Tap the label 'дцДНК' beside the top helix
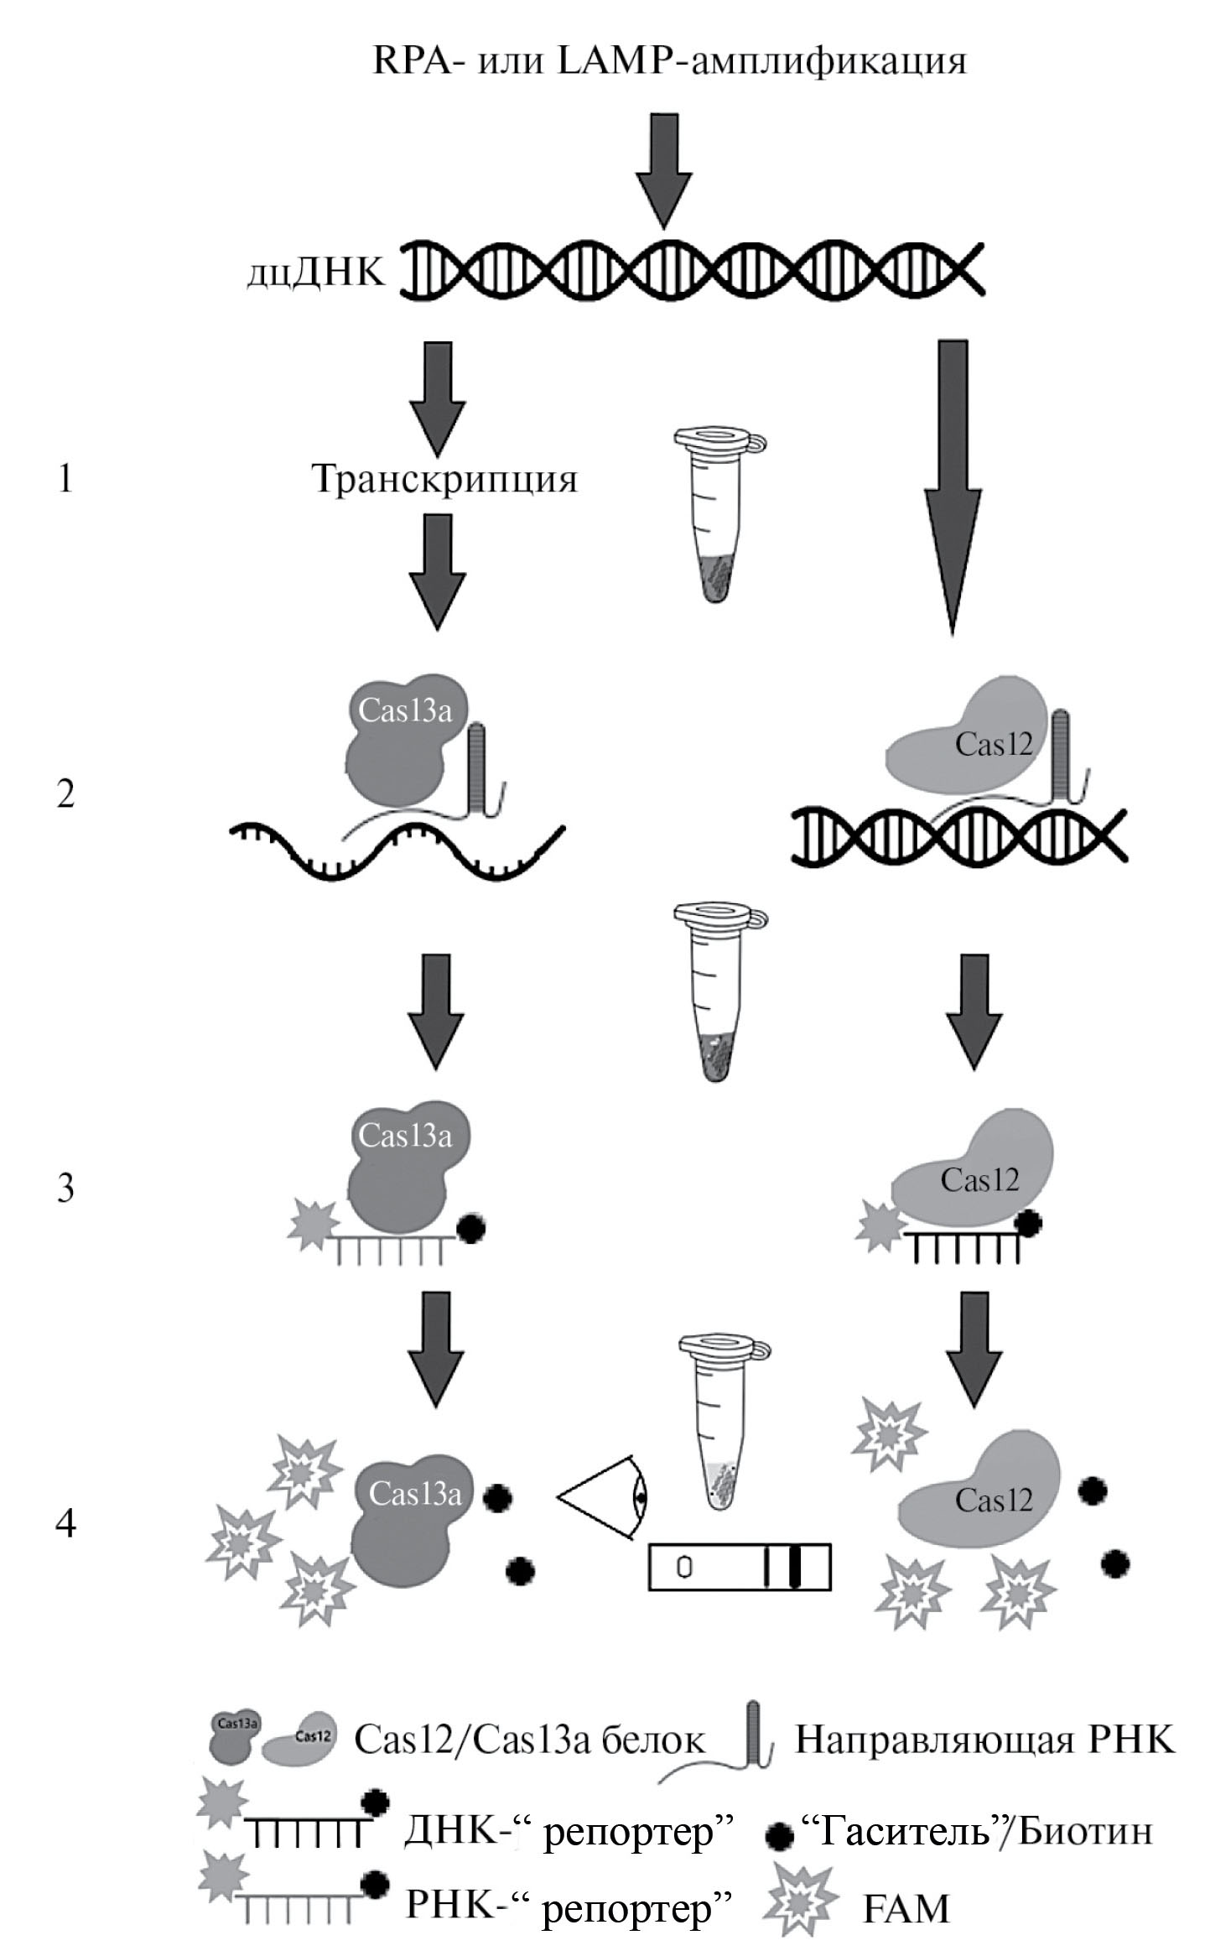point(316,274)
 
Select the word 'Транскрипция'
point(444,480)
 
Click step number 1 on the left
point(65,480)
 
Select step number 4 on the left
point(65,1523)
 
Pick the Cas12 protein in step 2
point(973,738)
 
